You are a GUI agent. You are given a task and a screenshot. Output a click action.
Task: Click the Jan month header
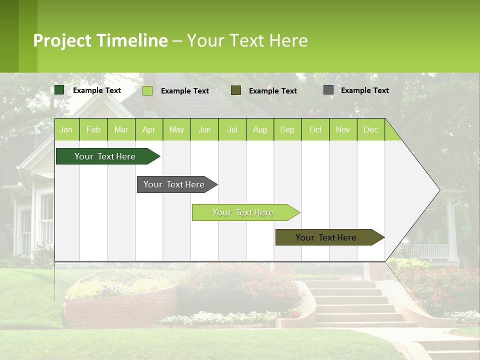66,129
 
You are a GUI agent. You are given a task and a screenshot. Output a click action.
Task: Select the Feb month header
93,129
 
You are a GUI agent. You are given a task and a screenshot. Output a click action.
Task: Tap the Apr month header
148,129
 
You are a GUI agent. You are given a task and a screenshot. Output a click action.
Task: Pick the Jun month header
204,129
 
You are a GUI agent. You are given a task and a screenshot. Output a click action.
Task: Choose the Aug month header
259,129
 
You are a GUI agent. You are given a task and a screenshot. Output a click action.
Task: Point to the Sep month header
287,129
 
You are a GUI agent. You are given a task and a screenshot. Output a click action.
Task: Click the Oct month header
315,129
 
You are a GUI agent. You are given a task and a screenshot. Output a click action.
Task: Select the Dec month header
370,129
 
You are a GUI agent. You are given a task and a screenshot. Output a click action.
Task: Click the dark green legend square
59,90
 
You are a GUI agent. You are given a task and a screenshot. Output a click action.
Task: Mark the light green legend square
147,90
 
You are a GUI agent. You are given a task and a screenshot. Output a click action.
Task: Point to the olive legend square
236,90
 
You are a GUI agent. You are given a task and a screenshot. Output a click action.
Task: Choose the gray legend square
328,90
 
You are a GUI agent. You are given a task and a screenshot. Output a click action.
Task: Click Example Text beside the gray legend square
364,90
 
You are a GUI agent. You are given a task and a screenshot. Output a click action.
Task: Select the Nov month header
342,129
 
